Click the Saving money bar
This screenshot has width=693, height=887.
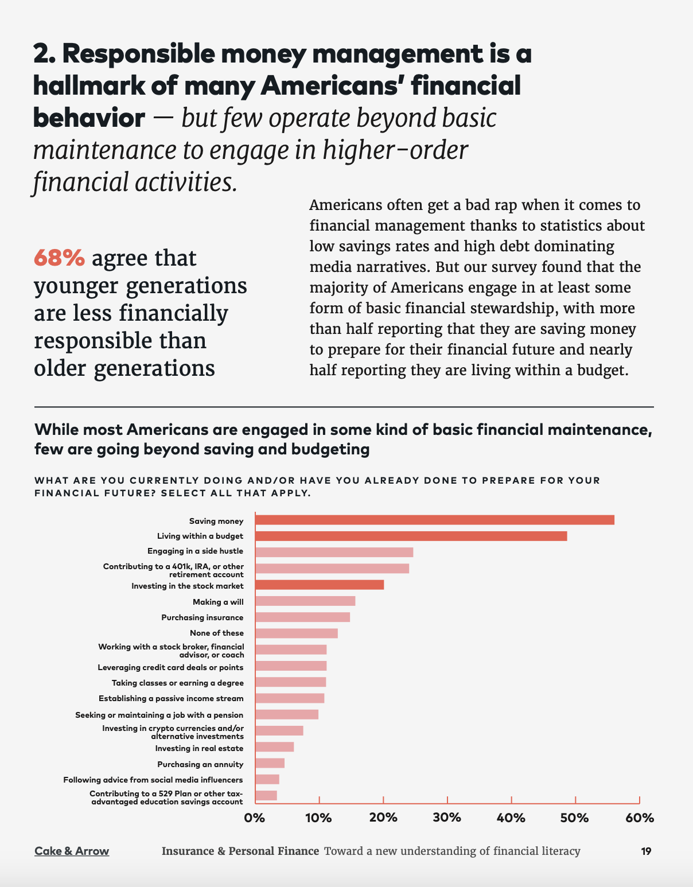click(434, 520)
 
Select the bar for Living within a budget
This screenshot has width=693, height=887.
click(411, 536)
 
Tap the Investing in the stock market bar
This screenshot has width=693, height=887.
click(320, 585)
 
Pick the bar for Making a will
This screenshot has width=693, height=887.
click(305, 601)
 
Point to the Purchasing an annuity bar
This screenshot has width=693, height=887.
click(270, 763)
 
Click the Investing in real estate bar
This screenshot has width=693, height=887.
click(274, 747)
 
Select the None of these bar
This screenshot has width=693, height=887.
click(297, 633)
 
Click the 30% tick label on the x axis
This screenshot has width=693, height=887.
click(447, 818)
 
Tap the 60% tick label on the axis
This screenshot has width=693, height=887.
click(640, 818)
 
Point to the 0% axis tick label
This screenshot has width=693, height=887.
click(255, 818)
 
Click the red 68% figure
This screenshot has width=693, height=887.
click(59, 258)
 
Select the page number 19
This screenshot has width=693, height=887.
click(646, 851)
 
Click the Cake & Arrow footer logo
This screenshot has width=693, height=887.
click(72, 851)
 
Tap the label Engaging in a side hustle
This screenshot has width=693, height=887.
click(195, 551)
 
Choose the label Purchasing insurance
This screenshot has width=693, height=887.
click(202, 618)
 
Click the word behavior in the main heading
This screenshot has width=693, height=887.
click(89, 118)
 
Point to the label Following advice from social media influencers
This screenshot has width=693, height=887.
click(153, 780)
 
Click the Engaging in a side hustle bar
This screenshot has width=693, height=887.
click(334, 552)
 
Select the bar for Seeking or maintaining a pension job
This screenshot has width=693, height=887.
click(286, 714)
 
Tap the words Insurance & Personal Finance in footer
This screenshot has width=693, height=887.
click(240, 851)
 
